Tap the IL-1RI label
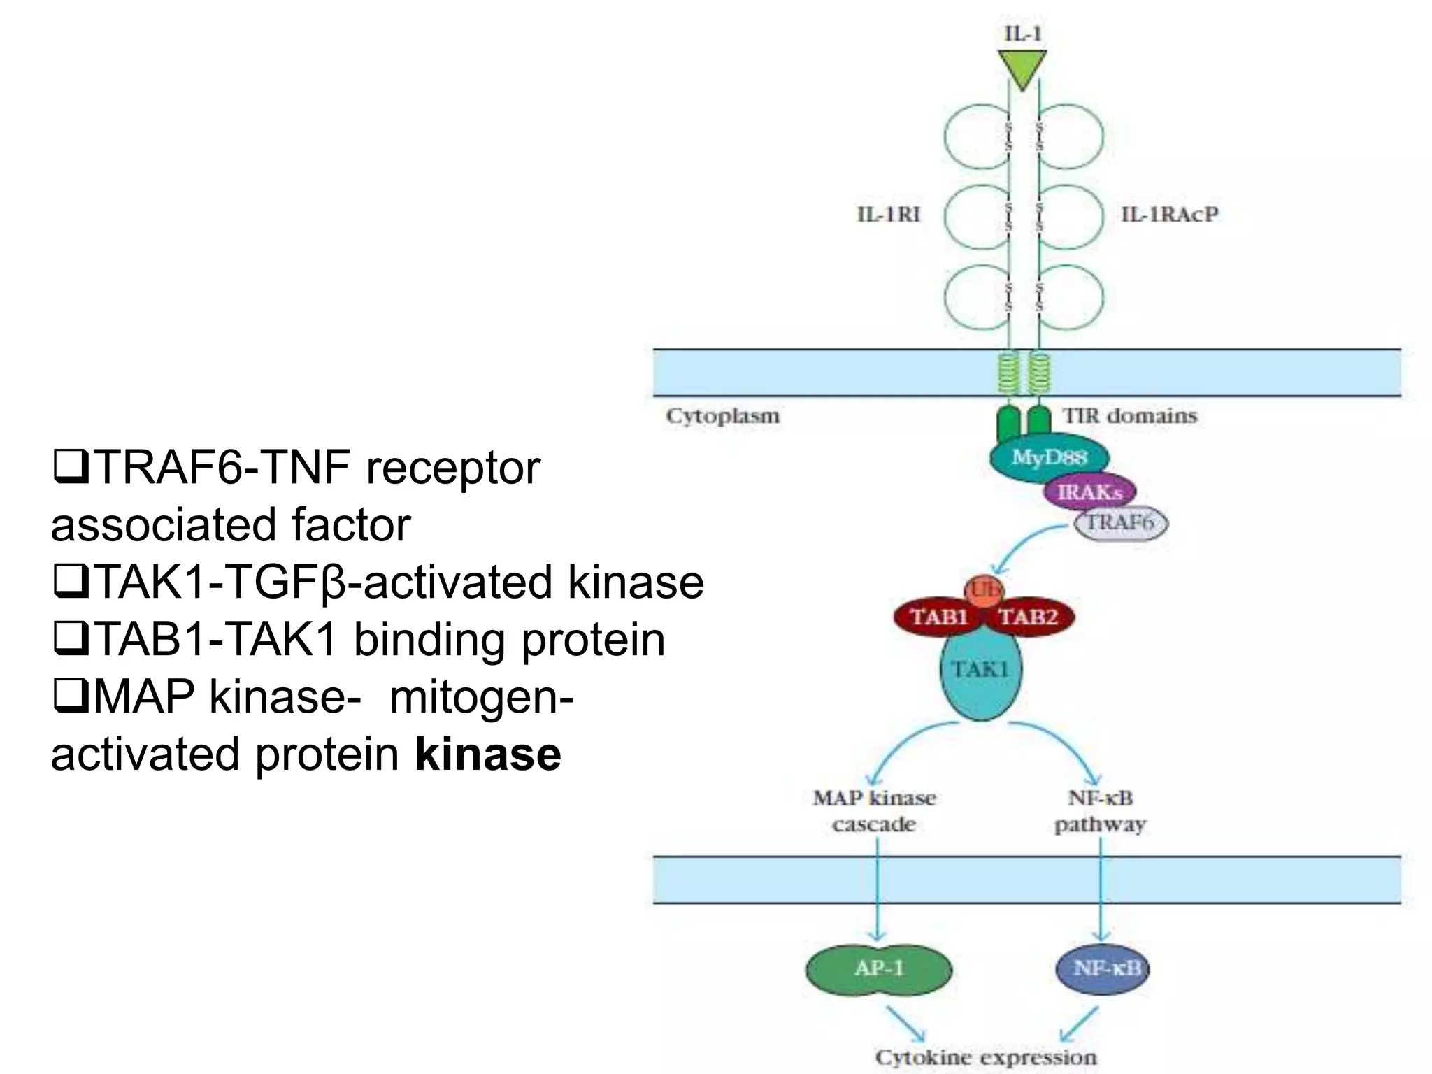click(x=889, y=214)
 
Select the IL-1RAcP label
click(x=1170, y=214)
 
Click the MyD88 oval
click(x=1049, y=458)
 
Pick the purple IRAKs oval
click(x=1089, y=492)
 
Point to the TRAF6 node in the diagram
click(x=1120, y=523)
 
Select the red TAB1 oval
click(x=938, y=617)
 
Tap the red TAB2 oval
click(x=1029, y=617)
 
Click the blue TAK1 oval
click(x=980, y=678)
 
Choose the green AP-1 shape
click(x=879, y=969)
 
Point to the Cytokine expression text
click(x=986, y=1057)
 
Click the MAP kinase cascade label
click(x=874, y=811)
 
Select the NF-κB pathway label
click(x=1100, y=811)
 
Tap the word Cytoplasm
click(x=722, y=416)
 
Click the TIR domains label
click(x=1130, y=416)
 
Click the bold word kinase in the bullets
click(x=488, y=754)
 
